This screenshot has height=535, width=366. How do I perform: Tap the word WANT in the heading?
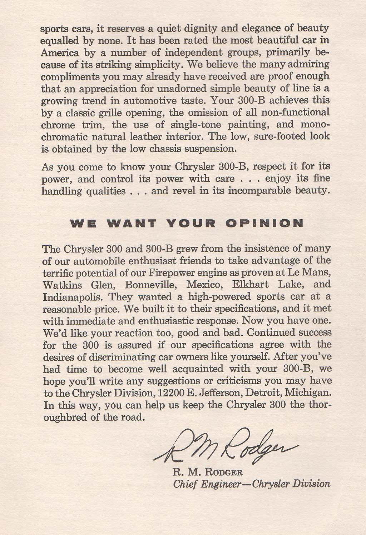[132, 223]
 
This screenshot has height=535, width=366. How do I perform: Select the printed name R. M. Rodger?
[207, 472]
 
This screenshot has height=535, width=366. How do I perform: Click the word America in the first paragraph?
[60, 53]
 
